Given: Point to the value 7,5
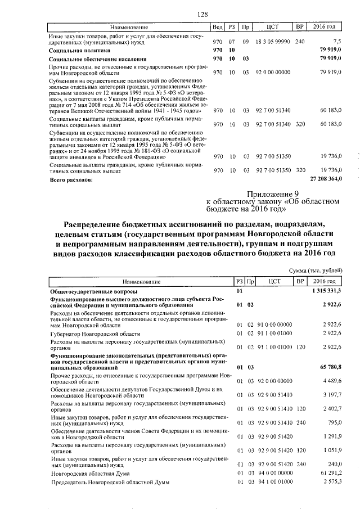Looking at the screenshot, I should pos(337,42).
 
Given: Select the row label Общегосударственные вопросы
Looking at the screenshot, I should pos(93,291).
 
